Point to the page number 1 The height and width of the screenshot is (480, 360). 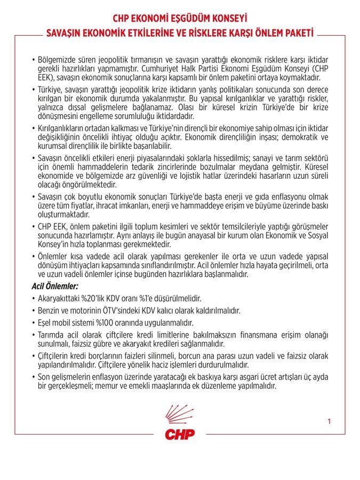(x=330, y=422)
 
